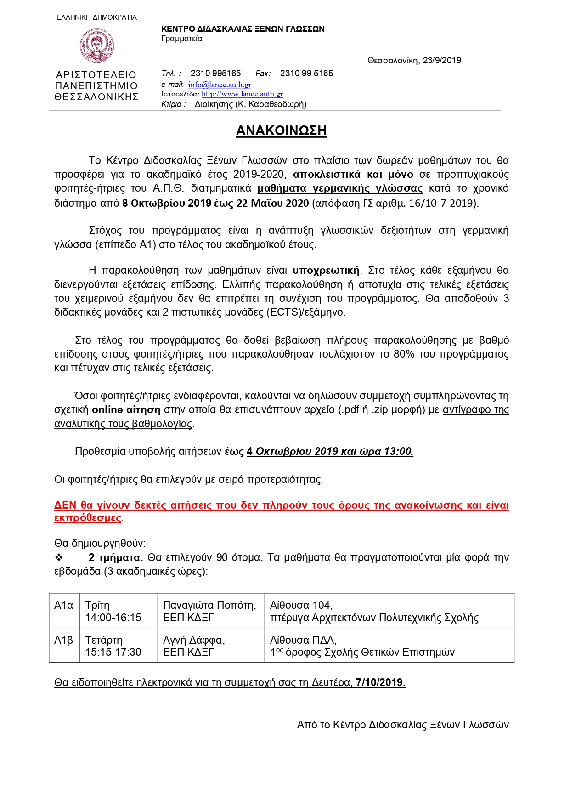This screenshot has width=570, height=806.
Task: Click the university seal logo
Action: tap(96, 46)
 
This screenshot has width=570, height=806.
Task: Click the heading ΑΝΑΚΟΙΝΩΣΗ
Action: tap(281, 131)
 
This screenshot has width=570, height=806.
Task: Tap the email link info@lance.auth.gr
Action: tap(220, 85)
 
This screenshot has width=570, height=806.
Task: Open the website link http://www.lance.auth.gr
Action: tap(242, 94)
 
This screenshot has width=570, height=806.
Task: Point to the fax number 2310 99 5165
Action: tap(306, 73)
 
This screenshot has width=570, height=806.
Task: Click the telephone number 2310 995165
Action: tap(215, 73)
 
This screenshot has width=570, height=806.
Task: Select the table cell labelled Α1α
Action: tap(64, 606)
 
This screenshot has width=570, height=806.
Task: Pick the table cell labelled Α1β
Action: tap(64, 640)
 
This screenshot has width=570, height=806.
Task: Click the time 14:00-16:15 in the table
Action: tap(113, 618)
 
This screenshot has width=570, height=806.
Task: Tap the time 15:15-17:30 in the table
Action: tap(113, 652)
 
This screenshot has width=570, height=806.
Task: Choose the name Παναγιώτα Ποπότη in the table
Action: tap(209, 606)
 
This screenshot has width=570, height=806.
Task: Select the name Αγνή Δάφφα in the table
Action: tap(193, 640)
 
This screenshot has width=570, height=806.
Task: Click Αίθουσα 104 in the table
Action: tap(301, 606)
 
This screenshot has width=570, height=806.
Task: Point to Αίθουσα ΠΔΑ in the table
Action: tap(303, 640)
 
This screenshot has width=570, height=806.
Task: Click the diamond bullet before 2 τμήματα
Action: tap(59, 557)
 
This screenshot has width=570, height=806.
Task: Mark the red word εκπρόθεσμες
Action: tap(88, 518)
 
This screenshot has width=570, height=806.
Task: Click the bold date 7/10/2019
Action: tap(380, 682)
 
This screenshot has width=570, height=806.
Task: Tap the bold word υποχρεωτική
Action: tap(326, 270)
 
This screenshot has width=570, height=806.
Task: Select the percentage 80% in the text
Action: tap(404, 354)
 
